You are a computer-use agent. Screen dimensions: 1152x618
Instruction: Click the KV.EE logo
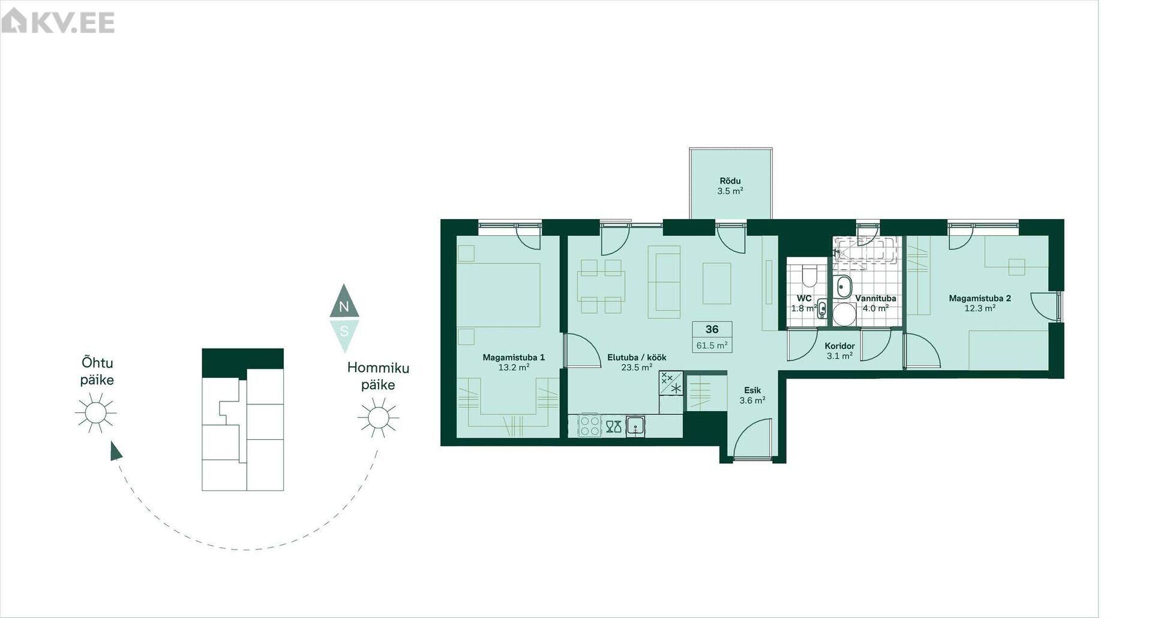coord(58,21)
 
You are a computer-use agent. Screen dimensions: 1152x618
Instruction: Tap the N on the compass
coord(344,307)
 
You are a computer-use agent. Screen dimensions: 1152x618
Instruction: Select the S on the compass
coord(344,331)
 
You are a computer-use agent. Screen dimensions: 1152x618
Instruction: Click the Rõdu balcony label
coord(730,181)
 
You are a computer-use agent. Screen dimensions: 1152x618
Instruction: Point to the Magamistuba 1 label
coord(514,358)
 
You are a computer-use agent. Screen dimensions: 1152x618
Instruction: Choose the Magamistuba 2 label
coord(980,298)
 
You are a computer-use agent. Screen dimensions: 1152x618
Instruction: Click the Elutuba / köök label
coord(637,358)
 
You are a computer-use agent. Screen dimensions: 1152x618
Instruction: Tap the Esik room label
coord(752,391)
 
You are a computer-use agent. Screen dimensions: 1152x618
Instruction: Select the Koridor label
coord(839,346)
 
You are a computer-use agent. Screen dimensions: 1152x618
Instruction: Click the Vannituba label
coord(875,298)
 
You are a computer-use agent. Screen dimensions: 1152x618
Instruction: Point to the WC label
coord(804,298)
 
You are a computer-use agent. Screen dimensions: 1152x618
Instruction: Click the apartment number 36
coord(712,329)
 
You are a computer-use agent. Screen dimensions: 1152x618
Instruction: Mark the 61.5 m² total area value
coord(712,346)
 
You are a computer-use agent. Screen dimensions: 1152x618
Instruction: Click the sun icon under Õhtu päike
coord(95,413)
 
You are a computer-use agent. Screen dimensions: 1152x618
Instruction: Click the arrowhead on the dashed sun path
coord(116,451)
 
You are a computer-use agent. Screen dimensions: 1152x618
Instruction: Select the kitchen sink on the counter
coord(635,426)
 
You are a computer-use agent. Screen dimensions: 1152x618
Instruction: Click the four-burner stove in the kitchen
coord(590,425)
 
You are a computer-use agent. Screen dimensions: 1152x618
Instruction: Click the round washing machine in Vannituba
coord(844,314)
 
